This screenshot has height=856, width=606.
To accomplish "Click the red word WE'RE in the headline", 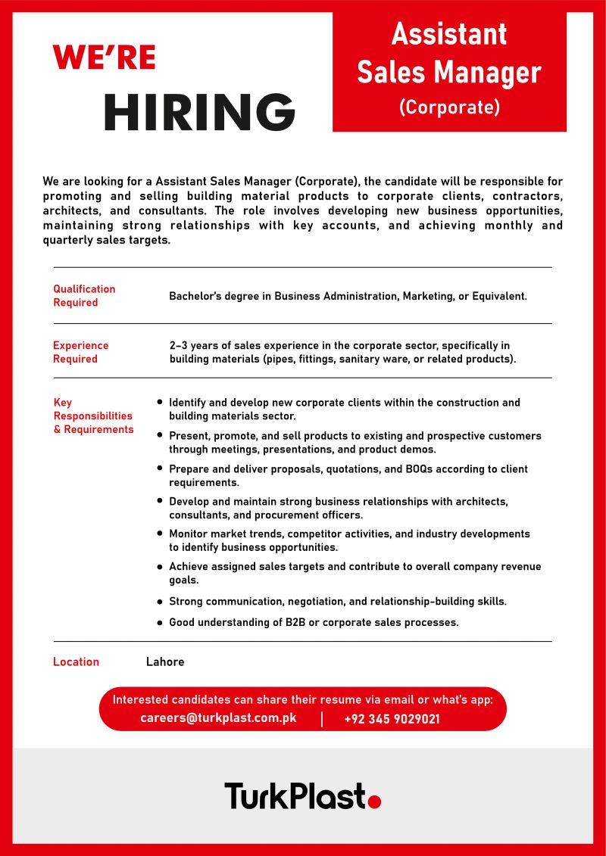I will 104,58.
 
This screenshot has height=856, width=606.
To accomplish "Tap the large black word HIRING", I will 199,113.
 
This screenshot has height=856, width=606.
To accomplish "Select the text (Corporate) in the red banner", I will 449,107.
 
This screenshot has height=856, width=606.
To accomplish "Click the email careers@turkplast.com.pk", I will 218,718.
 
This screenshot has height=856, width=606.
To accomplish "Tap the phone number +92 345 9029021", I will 392,719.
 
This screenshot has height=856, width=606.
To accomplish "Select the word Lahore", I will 165,661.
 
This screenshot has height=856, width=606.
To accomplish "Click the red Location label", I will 76,661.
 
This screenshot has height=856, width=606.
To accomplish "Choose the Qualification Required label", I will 83,295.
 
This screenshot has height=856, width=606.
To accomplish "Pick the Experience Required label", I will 80,352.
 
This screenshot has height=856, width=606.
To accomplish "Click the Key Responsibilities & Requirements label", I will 92,416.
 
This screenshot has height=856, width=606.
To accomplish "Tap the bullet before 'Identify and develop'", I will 160,403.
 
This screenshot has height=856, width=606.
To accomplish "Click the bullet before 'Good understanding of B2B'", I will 160,623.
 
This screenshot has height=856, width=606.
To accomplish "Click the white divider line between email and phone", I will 322,719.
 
